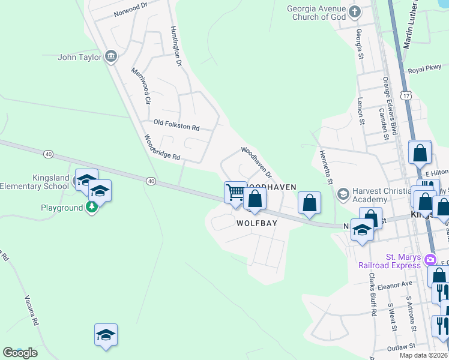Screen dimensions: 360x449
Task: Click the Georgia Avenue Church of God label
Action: coord(316,13)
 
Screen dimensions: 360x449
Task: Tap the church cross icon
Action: coord(355,11)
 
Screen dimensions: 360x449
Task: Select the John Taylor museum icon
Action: coord(110,57)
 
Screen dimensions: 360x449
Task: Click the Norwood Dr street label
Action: coord(130,8)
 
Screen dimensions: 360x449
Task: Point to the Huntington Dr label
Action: coord(175,45)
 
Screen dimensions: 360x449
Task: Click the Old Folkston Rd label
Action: coord(176,125)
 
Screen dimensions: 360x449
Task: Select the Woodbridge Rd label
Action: coord(162,148)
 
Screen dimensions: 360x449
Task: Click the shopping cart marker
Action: coord(235,192)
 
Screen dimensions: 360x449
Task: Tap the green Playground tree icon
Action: coord(91,208)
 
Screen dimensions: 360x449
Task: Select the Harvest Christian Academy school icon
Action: coord(343,193)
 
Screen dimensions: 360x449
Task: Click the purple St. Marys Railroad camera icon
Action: coord(430,260)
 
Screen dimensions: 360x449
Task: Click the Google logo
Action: coord(20,353)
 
